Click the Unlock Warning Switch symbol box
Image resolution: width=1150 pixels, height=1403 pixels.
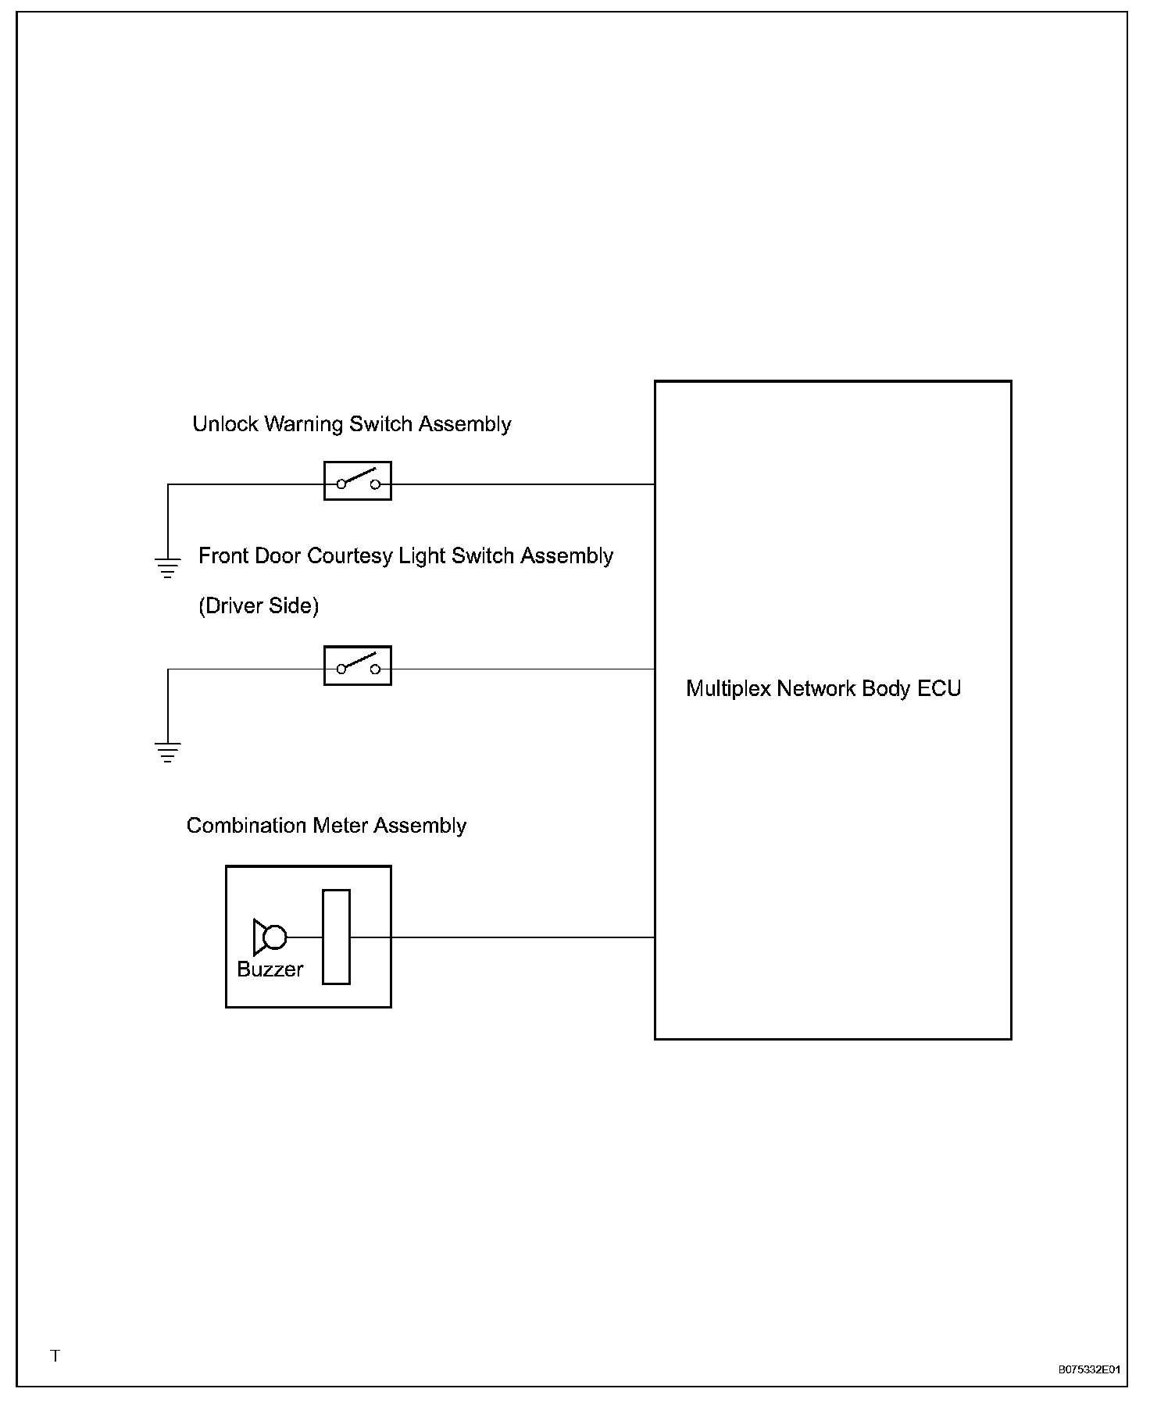(357, 481)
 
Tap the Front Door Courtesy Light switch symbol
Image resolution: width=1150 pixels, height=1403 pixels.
(357, 666)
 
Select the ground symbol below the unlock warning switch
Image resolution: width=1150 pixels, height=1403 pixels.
(167, 567)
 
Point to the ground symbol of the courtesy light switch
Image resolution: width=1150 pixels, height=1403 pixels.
(167, 751)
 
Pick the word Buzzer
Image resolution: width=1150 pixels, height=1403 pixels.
(270, 969)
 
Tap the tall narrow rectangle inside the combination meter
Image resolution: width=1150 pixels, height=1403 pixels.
(336, 937)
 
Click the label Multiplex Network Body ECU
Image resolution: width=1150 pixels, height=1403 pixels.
(823, 688)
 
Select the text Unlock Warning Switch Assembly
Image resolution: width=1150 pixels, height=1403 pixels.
(352, 424)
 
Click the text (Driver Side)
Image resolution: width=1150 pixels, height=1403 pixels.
(259, 606)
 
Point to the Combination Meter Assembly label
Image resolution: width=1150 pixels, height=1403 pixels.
(326, 826)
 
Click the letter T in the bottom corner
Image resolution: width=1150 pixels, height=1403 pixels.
(55, 1355)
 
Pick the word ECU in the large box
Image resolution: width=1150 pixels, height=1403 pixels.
(939, 688)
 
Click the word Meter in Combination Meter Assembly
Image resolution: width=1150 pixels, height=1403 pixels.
(341, 826)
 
